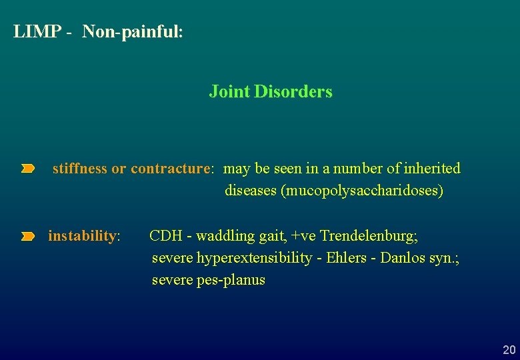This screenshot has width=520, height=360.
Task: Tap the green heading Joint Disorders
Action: coord(270,91)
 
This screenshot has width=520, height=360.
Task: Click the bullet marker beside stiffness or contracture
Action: coord(27,169)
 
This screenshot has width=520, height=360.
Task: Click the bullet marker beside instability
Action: coord(27,237)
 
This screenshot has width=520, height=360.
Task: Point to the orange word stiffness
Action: coord(79,169)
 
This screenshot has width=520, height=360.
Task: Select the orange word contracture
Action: coord(171,169)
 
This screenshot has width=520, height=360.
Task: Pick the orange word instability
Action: coord(83,236)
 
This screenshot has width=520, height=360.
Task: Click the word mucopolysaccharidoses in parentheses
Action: coord(363,191)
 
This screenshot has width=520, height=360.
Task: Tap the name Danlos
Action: coord(403,258)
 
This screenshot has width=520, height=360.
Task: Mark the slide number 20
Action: coord(509,350)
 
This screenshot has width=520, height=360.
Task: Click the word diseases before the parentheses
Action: coord(251,191)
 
